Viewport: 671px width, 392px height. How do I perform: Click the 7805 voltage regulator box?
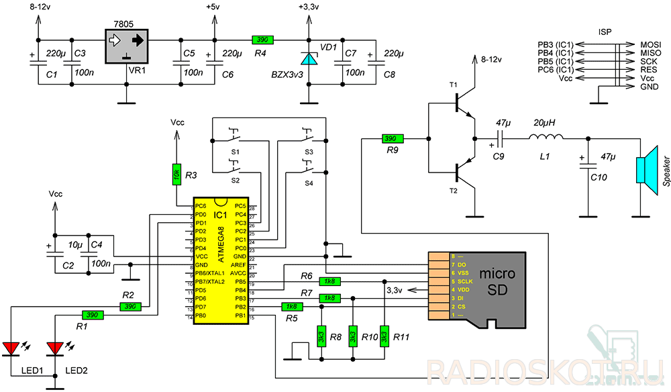coord(127,45)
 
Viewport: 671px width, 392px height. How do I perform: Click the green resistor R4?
coord(262,40)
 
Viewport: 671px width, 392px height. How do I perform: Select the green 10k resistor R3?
coord(176,174)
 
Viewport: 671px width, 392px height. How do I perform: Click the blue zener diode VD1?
coord(308,58)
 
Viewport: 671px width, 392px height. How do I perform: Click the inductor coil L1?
coord(546,138)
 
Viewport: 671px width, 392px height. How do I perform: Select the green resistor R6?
coord(329,281)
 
